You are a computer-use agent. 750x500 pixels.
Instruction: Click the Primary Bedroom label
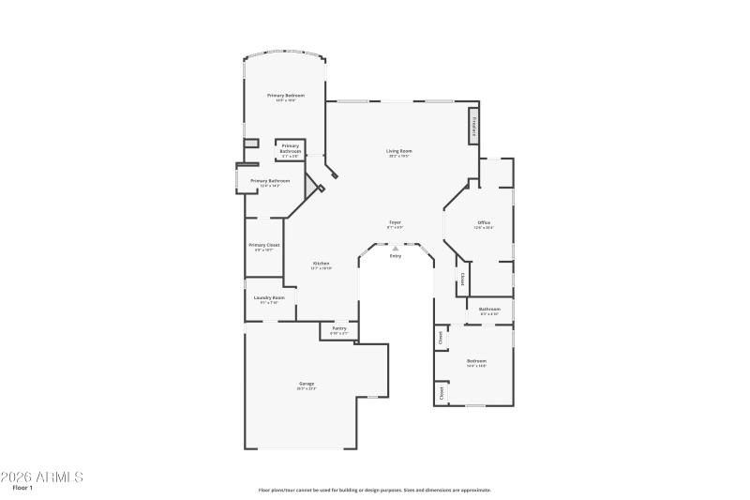[286, 96]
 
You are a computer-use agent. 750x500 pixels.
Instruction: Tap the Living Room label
[399, 151]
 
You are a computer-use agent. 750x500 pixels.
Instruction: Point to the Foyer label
[396, 222]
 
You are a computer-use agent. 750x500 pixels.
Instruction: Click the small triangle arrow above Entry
[396, 248]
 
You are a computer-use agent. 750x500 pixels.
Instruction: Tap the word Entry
[396, 255]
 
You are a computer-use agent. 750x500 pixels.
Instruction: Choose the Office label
[484, 222]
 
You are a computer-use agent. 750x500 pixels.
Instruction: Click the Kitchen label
[321, 264]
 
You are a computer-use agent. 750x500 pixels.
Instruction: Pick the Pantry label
[338, 328]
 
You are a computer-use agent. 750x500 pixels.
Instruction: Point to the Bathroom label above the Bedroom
[489, 309]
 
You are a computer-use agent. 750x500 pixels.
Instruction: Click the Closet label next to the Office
[461, 280]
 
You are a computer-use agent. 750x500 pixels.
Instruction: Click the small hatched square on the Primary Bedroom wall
[250, 143]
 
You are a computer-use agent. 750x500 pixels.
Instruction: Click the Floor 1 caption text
[22, 488]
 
